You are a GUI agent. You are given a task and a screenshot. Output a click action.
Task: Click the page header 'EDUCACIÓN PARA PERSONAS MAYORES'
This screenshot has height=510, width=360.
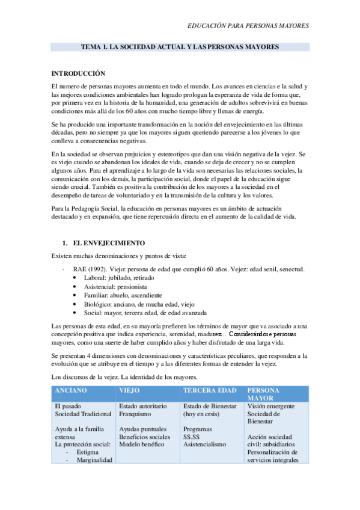pos(248,26)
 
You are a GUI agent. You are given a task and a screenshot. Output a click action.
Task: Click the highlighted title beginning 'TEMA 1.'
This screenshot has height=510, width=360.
pos(180,47)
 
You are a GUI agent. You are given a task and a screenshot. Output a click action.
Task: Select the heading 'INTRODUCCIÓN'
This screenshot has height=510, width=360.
pos(78,73)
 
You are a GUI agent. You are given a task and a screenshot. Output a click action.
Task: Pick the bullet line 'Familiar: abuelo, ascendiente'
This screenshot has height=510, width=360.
pos(123,295)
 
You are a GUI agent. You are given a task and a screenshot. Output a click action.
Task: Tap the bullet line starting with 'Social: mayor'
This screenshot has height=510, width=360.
pos(147,313)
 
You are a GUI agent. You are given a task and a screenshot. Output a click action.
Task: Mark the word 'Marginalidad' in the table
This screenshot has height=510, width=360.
pos(94,460)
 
